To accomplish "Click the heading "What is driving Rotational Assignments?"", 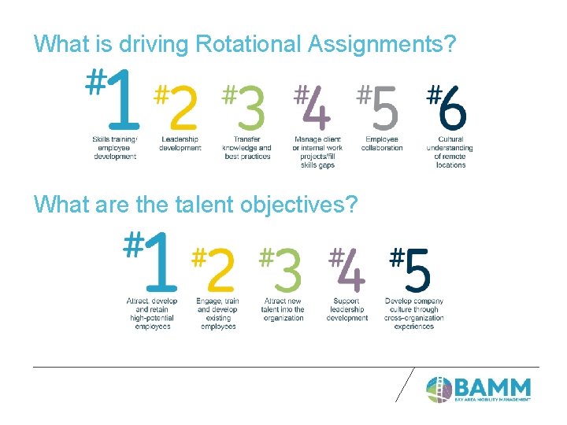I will tap(245, 43).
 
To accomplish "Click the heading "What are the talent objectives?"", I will tap(196, 205).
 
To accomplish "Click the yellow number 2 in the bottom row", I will tap(220, 270).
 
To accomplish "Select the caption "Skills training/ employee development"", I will tap(115, 148).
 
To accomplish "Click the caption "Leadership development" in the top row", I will tap(180, 144).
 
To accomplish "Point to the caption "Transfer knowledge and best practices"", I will tap(246, 148).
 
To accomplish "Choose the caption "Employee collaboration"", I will tap(382, 144).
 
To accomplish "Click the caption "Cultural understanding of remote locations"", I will tap(450, 152).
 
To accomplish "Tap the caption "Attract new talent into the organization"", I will tap(283, 309).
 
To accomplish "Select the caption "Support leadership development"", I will tap(346, 309).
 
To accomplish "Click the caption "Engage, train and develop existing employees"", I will tap(218, 313).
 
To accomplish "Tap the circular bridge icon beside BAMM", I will tap(439, 389).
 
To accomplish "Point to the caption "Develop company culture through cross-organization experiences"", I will tap(414, 313).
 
